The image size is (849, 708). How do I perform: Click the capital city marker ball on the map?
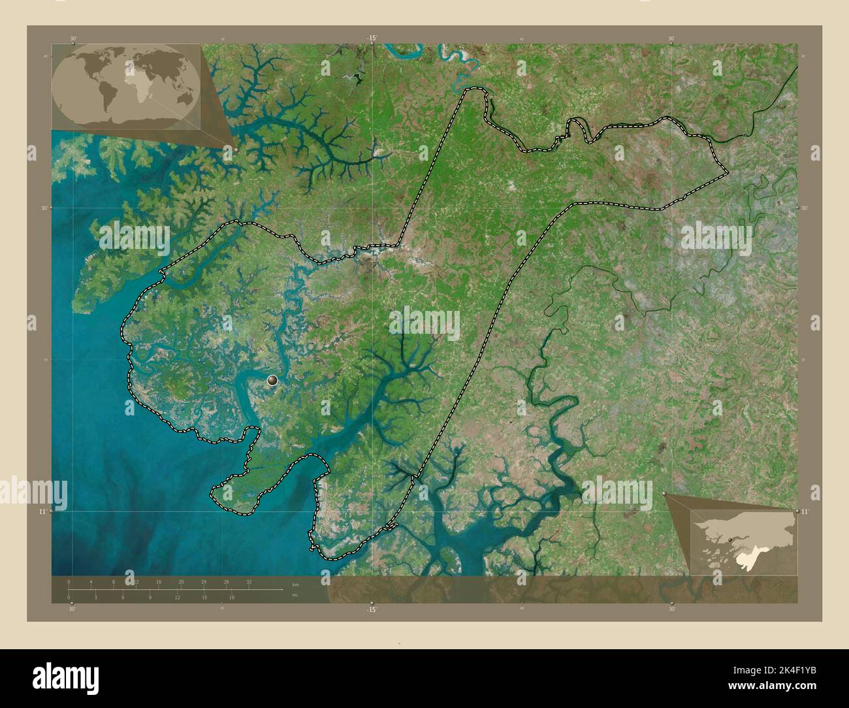point(272,379)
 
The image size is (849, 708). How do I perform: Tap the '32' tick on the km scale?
point(249,581)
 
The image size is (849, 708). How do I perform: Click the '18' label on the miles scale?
point(232,597)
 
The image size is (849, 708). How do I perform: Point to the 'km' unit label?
point(295,584)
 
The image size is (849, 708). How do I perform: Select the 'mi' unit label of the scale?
point(295,595)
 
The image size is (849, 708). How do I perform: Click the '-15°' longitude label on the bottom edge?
point(372,609)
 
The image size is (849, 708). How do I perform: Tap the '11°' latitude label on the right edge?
point(805,511)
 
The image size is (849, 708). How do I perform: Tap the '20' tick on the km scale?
point(181,581)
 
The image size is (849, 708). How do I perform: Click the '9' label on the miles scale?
point(150,597)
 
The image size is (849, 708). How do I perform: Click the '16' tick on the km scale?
point(159,581)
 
